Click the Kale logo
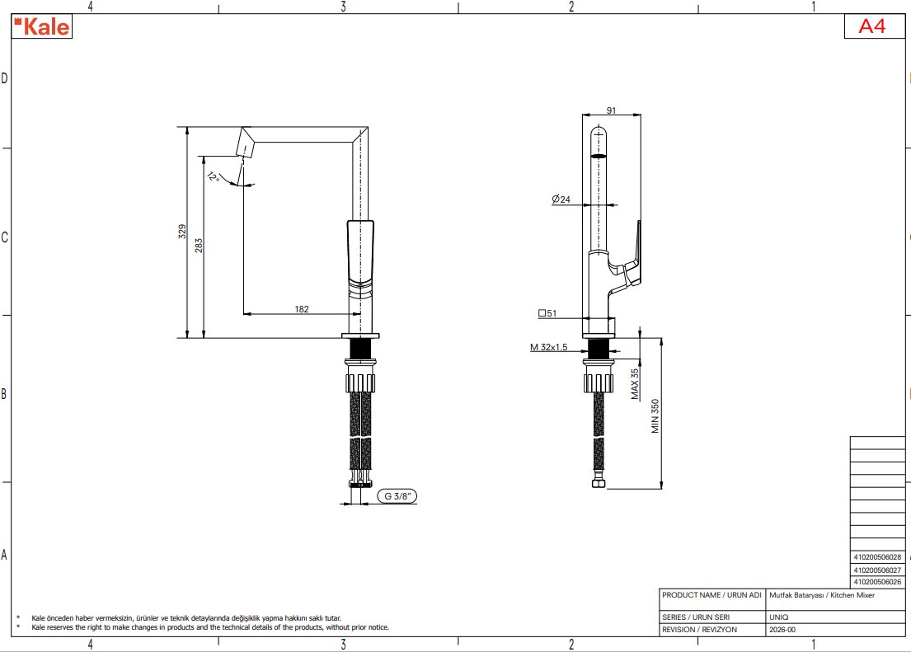42,26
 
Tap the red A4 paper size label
872,26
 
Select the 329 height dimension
182,232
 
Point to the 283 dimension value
199,246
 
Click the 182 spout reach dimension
302,309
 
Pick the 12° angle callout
213,176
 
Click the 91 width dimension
611,110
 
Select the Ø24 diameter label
561,199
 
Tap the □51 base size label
547,313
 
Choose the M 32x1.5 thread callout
548,348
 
